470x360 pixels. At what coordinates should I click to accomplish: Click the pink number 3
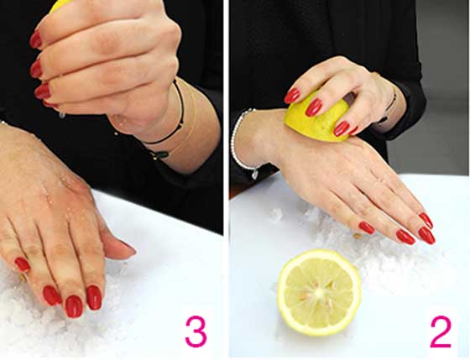196,331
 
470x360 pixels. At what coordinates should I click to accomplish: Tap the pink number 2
441,331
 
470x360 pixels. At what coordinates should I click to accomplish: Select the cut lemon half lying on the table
319,292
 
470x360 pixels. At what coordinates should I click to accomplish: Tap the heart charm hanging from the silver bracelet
254,175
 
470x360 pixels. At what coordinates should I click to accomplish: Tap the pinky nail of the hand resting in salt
23,264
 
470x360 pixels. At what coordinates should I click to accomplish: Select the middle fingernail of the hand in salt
74,306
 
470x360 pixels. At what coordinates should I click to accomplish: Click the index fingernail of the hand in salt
94,297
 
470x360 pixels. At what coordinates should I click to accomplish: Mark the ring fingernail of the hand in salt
52,295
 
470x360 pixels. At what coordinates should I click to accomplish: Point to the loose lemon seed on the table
358,236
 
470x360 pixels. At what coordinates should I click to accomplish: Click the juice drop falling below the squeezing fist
62,115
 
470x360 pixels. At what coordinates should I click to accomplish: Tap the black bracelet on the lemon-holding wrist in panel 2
388,109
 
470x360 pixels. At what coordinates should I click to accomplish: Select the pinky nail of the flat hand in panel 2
367,227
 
